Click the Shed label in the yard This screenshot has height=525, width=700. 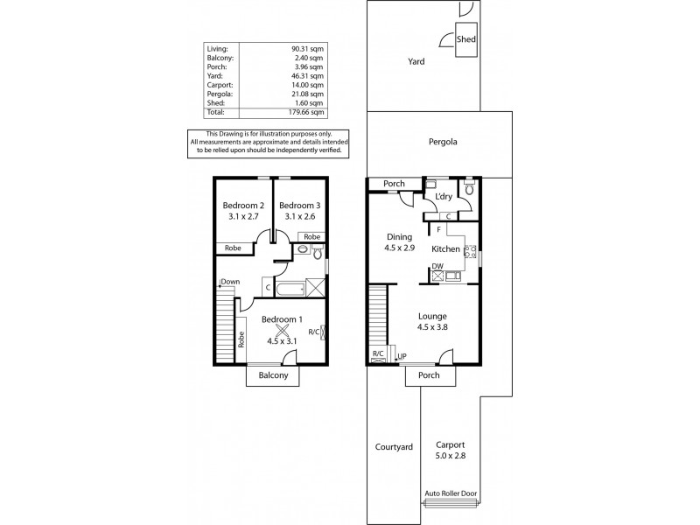(467, 39)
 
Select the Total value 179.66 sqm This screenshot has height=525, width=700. (308, 112)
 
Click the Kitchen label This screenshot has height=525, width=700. (445, 249)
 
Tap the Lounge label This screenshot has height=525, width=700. (432, 317)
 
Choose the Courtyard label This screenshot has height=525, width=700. (393, 447)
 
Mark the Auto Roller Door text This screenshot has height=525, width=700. (451, 493)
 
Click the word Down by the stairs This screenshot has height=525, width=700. (231, 282)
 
